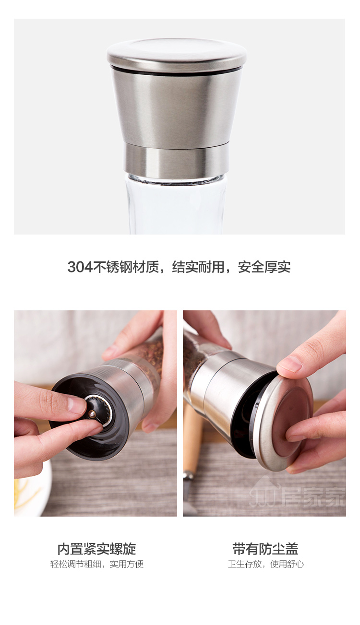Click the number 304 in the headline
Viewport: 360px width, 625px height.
[x=80, y=267]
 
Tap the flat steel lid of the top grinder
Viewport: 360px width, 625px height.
[x=177, y=54]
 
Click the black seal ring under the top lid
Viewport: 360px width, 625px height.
[x=177, y=72]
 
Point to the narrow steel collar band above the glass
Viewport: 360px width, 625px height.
[x=177, y=160]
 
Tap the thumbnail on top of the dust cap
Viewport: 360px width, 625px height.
[x=290, y=366]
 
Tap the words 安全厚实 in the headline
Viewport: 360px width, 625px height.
[x=264, y=267]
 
